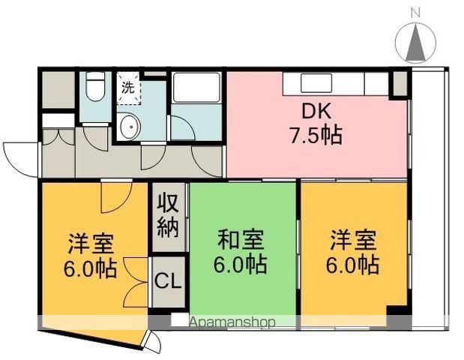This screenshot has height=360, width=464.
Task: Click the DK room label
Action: [316, 111]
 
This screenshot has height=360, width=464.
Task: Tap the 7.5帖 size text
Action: [316, 135]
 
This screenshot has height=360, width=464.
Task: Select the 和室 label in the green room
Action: [241, 239]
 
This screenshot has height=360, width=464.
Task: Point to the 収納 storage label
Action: [168, 215]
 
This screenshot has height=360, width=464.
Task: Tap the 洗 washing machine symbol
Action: [128, 88]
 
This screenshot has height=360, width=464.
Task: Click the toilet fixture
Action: [95, 87]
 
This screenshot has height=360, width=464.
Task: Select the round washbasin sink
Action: [130, 127]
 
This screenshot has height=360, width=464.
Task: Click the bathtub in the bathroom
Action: [197, 88]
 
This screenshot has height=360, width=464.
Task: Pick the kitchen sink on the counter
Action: [316, 83]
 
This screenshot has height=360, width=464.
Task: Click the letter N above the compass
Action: [416, 13]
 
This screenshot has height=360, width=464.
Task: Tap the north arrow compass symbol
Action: [416, 43]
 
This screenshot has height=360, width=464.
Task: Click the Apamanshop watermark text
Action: [232, 322]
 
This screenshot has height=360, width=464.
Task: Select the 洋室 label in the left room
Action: [91, 244]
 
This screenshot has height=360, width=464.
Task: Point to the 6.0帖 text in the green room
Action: [241, 263]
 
